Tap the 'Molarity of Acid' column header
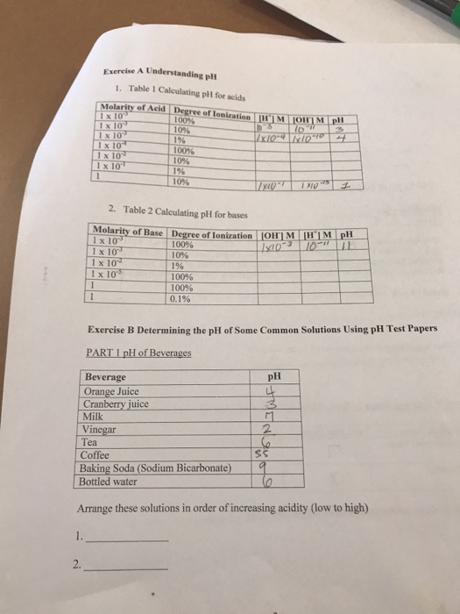pos(124,108)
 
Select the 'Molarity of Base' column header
pos(129,232)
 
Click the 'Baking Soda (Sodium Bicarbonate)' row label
pos(156,468)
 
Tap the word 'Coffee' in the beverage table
pos(96,455)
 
